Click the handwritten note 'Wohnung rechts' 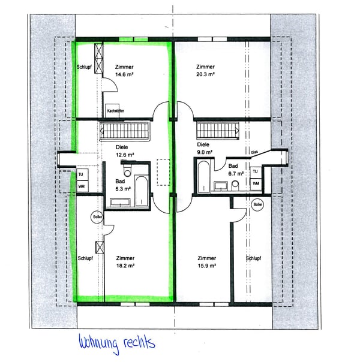coord(117,343)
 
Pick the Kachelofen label coord(115,111)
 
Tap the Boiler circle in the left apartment coord(97,217)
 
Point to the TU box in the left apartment coord(80,175)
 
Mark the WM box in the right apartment coord(256,183)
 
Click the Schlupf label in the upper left coord(83,67)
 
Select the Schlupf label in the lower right coord(254,259)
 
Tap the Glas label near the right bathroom coord(254,152)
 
